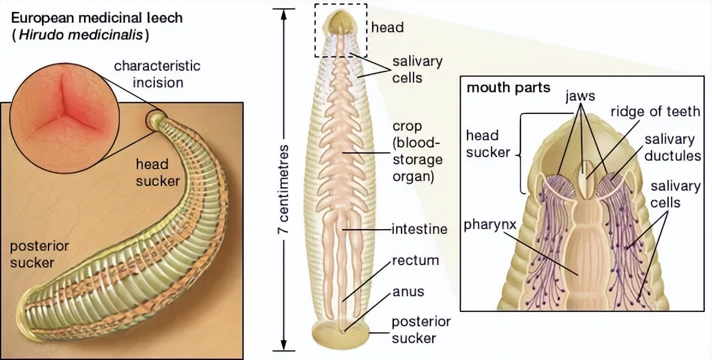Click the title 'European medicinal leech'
click(x=97, y=17)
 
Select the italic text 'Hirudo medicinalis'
click(x=81, y=35)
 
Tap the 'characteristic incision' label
click(x=157, y=74)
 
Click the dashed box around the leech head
click(x=341, y=31)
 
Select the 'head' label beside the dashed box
click(x=387, y=27)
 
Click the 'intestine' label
click(x=420, y=229)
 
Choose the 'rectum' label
click(x=415, y=261)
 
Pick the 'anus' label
click(x=408, y=292)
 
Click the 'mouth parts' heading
click(x=508, y=88)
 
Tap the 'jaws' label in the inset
click(x=580, y=96)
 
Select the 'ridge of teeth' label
click(x=655, y=111)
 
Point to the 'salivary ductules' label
click(x=669, y=148)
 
